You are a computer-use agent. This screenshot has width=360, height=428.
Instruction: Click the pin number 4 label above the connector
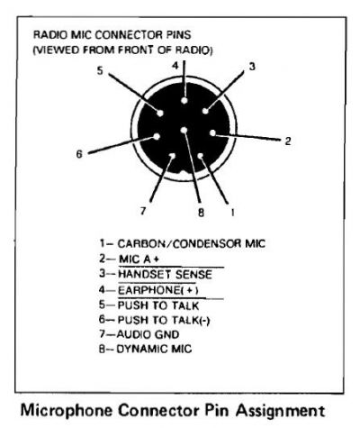[175, 66]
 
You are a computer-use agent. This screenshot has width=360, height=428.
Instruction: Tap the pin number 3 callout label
[252, 67]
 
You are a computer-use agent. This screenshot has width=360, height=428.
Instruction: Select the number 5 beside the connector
[100, 71]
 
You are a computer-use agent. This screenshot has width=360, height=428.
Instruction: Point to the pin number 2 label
[288, 141]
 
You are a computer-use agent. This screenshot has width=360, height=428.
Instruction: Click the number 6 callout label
[79, 154]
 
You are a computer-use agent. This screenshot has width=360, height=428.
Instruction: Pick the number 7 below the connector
[143, 211]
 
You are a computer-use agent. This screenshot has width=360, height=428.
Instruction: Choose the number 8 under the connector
[201, 213]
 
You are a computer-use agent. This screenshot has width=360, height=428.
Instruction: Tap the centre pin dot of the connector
[184, 131]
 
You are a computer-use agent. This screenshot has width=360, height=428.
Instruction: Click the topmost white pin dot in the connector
[184, 100]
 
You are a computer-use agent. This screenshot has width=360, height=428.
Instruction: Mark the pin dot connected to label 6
[157, 137]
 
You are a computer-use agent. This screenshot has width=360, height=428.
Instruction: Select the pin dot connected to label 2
[212, 133]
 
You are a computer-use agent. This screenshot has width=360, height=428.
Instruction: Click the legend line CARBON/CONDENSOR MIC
[183, 243]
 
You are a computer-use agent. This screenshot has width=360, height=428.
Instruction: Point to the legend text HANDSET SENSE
[165, 275]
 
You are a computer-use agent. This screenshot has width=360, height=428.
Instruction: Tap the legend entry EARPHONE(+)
[158, 290]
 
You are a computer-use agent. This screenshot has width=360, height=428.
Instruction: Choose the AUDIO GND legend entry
[148, 334]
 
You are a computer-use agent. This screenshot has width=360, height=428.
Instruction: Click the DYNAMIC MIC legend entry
[154, 349]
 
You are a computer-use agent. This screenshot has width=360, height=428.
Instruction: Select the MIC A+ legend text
[139, 259]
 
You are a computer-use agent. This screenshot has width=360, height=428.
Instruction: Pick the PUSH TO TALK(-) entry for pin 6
[164, 320]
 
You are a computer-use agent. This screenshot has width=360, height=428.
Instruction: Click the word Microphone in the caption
[67, 410]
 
